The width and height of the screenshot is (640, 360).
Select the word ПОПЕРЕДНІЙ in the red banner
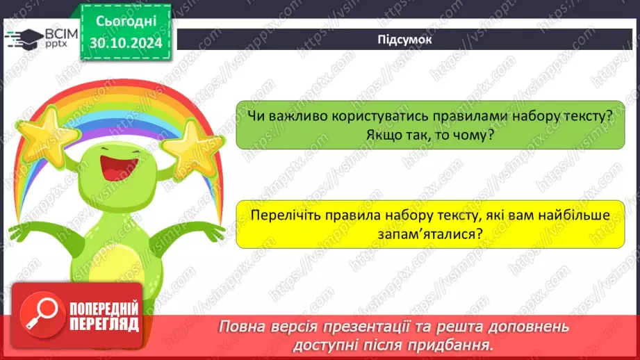(x=104, y=309)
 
